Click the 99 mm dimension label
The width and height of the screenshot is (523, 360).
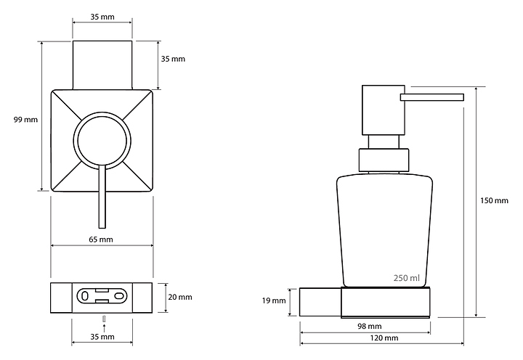point(25,119)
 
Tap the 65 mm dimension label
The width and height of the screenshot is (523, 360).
point(101,240)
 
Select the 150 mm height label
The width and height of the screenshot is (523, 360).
point(495,200)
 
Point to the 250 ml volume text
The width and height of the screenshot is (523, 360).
point(407,278)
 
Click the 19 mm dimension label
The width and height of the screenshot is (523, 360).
point(274,300)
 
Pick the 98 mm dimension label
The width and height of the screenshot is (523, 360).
point(370,327)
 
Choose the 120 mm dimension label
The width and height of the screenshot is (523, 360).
point(384,338)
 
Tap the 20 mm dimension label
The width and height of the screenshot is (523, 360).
point(180,297)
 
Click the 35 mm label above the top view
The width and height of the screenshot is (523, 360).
point(102,17)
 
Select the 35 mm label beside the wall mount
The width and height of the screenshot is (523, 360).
point(173,59)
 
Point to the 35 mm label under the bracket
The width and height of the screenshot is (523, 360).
point(102,337)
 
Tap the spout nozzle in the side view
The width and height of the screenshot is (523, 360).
point(432,97)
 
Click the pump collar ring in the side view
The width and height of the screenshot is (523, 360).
point(384,160)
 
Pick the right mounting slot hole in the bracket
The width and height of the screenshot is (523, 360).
point(119,296)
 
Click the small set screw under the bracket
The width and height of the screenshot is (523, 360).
point(105,319)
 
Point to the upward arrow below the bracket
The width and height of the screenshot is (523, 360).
point(105,327)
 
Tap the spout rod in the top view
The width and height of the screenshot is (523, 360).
point(102,197)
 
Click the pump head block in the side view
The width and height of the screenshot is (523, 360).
point(384,110)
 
